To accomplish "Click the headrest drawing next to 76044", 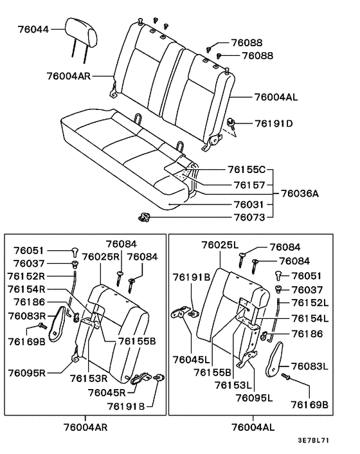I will [82, 32].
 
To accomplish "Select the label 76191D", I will [273, 123].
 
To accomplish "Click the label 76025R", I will [101, 257].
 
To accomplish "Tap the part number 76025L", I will [220, 245].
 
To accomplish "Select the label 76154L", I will [310, 318].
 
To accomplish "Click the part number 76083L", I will [310, 367].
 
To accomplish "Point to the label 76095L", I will [254, 398].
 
